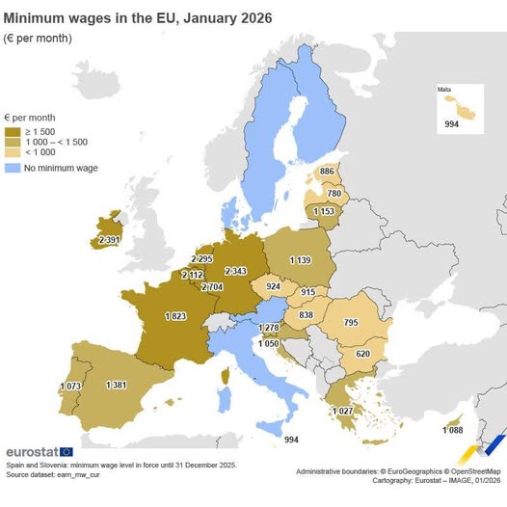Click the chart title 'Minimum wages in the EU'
138,17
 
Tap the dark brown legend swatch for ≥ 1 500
13,131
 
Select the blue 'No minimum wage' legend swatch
13,168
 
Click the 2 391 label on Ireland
110,240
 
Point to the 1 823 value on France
175,315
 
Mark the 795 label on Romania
351,322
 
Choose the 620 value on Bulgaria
362,354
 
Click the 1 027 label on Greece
343,412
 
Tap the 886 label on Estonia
328,172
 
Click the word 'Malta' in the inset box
444,90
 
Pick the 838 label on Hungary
306,315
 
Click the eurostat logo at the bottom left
39,451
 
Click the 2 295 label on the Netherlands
201,259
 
